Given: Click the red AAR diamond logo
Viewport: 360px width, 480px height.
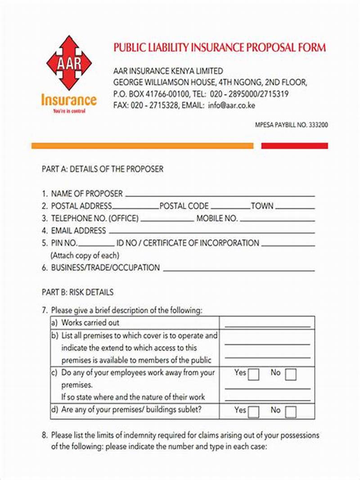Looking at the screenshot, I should point(69,63).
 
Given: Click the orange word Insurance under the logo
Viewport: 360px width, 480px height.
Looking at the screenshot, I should point(69,99).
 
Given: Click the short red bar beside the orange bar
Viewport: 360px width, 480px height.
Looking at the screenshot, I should point(294,146).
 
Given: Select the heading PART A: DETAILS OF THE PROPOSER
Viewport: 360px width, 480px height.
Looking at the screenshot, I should point(102,169).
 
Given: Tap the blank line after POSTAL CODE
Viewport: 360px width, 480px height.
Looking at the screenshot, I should point(230,208).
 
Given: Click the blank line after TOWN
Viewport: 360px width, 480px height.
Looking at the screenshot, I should point(295,208).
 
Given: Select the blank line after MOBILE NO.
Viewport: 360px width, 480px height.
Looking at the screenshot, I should point(277,221).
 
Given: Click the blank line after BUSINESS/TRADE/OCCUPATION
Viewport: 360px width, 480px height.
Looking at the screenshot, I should point(238,270).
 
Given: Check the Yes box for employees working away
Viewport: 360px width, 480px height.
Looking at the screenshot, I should point(253,375).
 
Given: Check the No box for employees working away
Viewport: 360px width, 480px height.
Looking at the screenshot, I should point(290,375).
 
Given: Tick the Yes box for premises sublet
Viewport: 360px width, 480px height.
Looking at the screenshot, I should point(253,412).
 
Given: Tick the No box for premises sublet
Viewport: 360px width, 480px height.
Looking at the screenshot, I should point(290,412).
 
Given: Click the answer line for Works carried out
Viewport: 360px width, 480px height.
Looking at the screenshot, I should point(267,326).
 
